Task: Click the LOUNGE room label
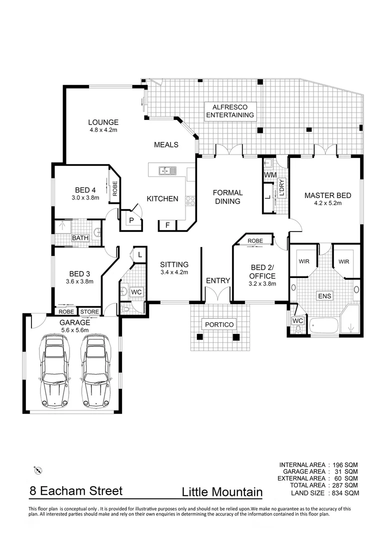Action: coord(103,122)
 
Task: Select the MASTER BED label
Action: coord(327,195)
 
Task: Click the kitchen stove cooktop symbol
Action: coord(190,201)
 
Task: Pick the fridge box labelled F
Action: coord(167,225)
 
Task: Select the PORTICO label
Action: coord(219,324)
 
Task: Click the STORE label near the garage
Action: coord(90,312)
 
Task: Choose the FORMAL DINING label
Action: coord(227,196)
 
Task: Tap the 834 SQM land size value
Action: coord(345,493)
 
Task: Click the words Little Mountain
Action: coord(222,492)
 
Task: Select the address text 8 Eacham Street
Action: coord(75,491)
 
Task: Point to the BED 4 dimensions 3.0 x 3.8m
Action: coord(85,197)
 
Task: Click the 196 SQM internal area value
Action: coord(345,464)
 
